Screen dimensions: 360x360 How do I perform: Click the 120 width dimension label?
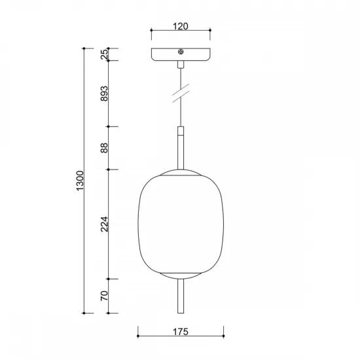pyautogui.click(x=181, y=26)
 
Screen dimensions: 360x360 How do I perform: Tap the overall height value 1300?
pyautogui.click(x=80, y=180)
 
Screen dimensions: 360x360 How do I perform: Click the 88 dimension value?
pyautogui.click(x=104, y=148)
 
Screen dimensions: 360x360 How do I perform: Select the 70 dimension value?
pyautogui.click(x=104, y=297)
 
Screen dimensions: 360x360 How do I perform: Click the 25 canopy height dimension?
pyautogui.click(x=104, y=55)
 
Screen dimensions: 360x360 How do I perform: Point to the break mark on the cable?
pyautogui.click(x=181, y=93)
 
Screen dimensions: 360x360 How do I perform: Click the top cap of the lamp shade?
pyautogui.click(x=181, y=172)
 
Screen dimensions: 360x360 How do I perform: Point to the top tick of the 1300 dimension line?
pyautogui.click(x=85, y=49)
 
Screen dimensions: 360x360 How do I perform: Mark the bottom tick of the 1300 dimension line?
pyautogui.click(x=85, y=313)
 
